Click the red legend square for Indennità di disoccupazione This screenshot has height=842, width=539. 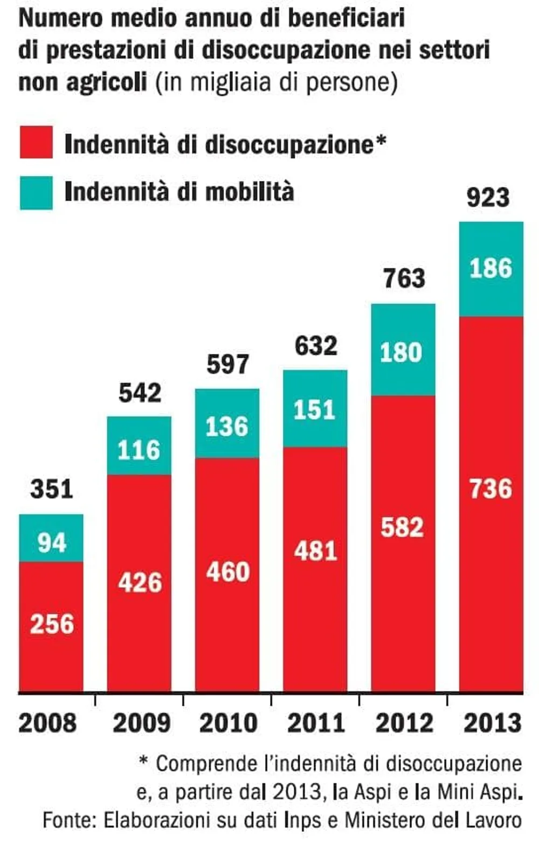[x=36, y=142]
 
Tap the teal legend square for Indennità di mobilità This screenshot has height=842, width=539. [x=36, y=192]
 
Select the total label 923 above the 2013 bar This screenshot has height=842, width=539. [x=488, y=197]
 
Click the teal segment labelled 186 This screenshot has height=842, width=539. [x=490, y=269]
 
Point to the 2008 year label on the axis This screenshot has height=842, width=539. [x=47, y=723]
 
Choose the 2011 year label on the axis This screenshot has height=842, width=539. [x=316, y=723]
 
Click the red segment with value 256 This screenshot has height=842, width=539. [x=51, y=625]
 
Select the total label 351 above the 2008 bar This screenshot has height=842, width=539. [x=51, y=489]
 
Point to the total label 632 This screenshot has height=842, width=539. [x=316, y=345]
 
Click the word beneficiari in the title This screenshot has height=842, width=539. [x=347, y=18]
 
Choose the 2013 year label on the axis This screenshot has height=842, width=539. [x=492, y=723]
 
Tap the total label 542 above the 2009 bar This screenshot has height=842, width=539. [x=140, y=393]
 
